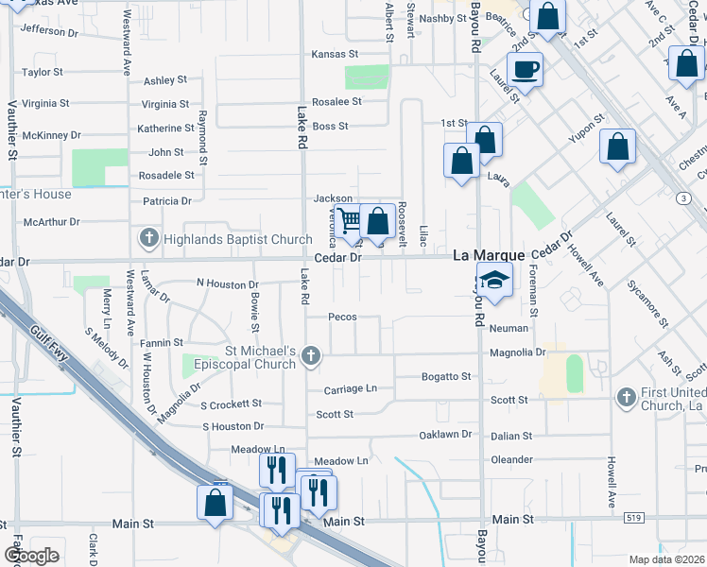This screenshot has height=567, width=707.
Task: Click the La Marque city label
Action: pos(489,256)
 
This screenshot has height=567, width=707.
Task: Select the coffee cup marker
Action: pos(525,70)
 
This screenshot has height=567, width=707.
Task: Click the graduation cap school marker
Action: pos(494,281)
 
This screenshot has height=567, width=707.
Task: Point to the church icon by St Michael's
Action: pos(311,355)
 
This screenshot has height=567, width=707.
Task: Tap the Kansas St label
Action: pos(336,55)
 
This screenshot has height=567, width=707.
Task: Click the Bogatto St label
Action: pos(446,376)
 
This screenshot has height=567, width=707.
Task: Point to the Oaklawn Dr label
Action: pos(445,435)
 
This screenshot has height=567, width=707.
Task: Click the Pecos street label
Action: pos(341,317)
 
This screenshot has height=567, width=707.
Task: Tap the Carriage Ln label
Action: pos(350,388)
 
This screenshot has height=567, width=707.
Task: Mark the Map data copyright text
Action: pos(666,559)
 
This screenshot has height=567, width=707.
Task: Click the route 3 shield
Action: pos(682,198)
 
